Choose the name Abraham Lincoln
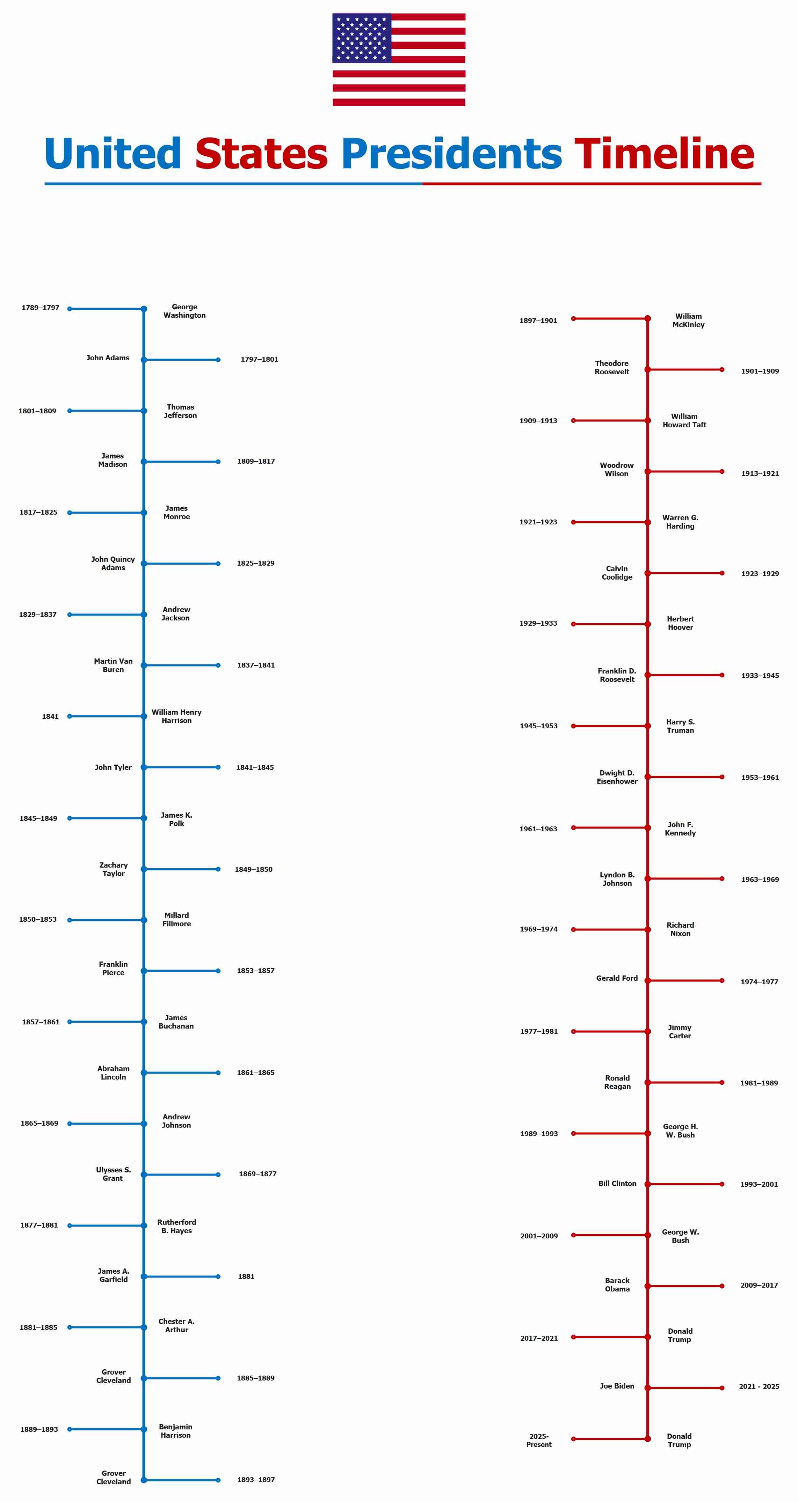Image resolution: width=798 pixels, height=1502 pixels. [x=113, y=1073]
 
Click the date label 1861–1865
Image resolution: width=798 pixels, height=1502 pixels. [x=255, y=1073]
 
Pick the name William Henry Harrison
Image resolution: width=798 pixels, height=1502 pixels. [x=176, y=716]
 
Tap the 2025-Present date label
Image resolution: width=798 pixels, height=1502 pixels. [x=538, y=1440]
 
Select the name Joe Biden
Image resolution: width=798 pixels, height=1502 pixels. [x=617, y=1386]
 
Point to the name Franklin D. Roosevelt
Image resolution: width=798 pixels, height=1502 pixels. [x=617, y=675]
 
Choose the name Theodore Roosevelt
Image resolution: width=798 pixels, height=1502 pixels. [x=612, y=367]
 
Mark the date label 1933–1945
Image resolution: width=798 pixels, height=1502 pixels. [x=760, y=676]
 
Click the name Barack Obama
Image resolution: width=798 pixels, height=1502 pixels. [x=617, y=1284]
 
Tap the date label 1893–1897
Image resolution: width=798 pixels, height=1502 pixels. [x=255, y=1480]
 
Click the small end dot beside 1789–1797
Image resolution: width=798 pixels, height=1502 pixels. [x=70, y=309]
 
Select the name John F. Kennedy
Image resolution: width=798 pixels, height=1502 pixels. [x=680, y=829]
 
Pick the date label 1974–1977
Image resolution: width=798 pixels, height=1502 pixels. [x=759, y=982]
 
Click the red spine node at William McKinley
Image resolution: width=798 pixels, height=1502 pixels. [x=647, y=318]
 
